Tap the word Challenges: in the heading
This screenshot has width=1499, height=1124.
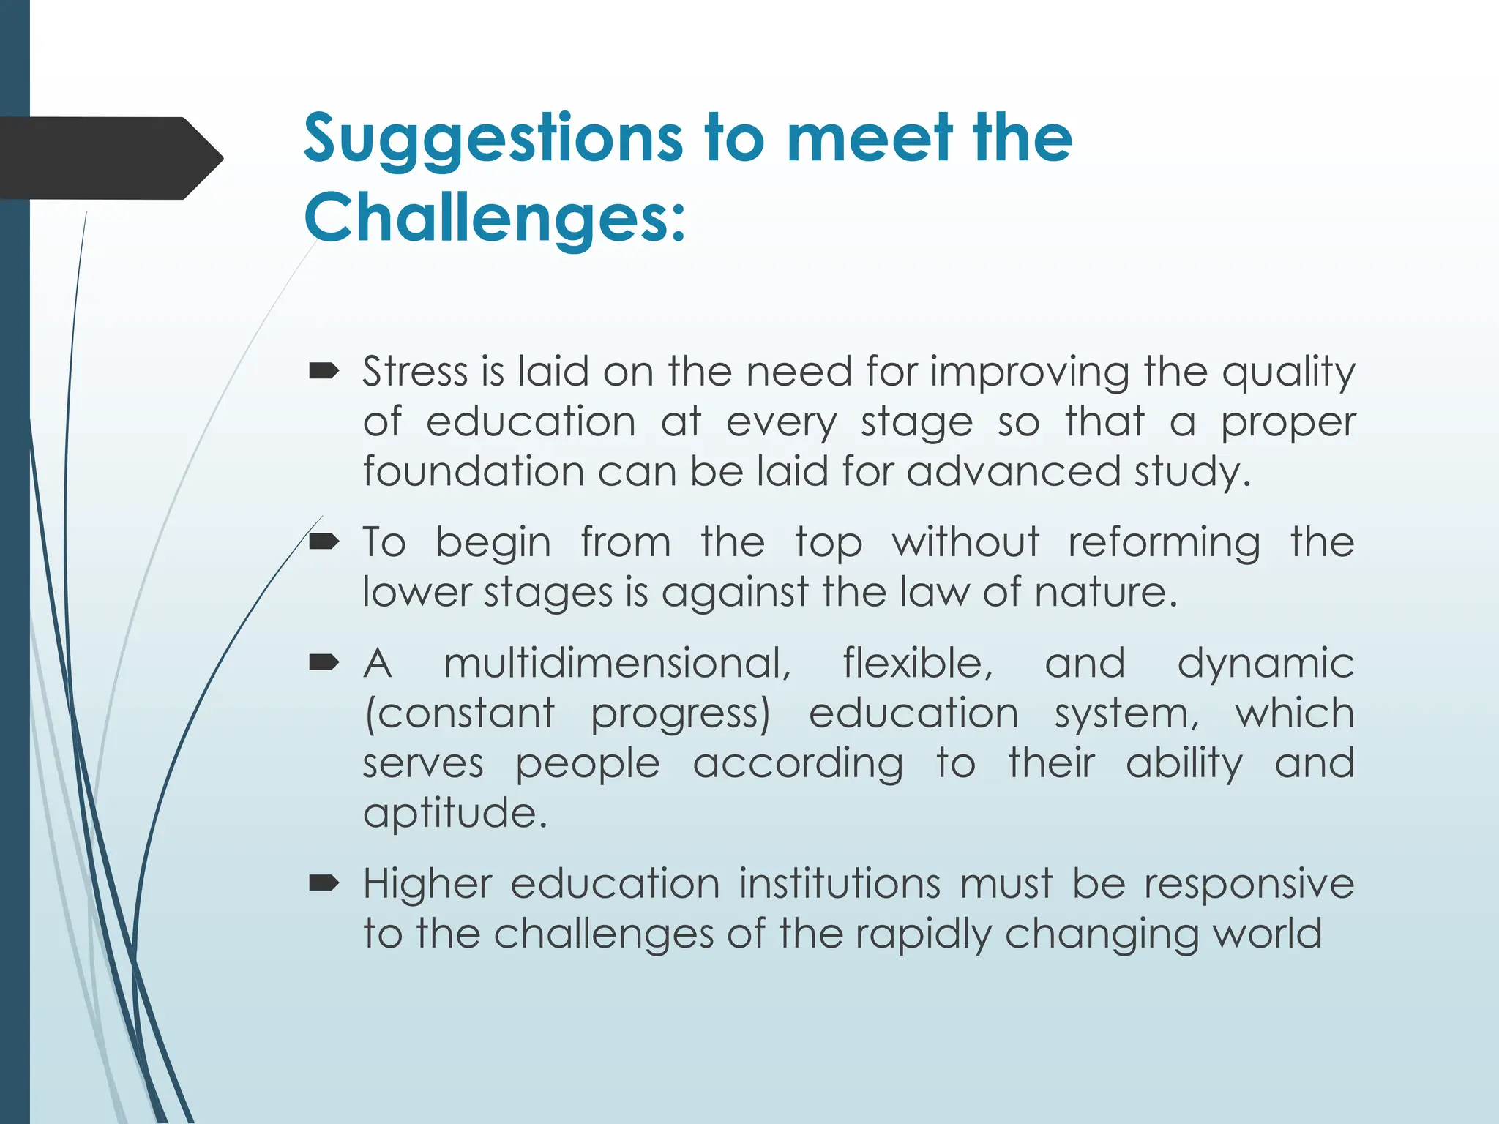pyautogui.click(x=495, y=217)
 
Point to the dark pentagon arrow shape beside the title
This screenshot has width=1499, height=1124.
pyautogui.click(x=110, y=158)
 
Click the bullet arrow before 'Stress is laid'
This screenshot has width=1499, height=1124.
pyautogui.click(x=324, y=372)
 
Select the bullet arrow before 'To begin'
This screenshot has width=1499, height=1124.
pyautogui.click(x=324, y=542)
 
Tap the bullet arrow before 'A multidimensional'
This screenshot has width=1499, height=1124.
pyautogui.click(x=324, y=664)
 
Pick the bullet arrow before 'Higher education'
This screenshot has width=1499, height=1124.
pyautogui.click(x=324, y=884)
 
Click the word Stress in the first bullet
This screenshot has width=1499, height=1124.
pyautogui.click(x=414, y=371)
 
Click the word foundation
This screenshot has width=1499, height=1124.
pyautogui.click(x=473, y=471)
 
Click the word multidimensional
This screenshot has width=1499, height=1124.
pyautogui.click(x=617, y=664)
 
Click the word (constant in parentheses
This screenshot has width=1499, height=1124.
pyautogui.click(x=460, y=713)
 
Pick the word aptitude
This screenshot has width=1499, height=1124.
pyautogui.click(x=455, y=813)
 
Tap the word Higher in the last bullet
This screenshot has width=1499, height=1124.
pyautogui.click(x=427, y=884)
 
